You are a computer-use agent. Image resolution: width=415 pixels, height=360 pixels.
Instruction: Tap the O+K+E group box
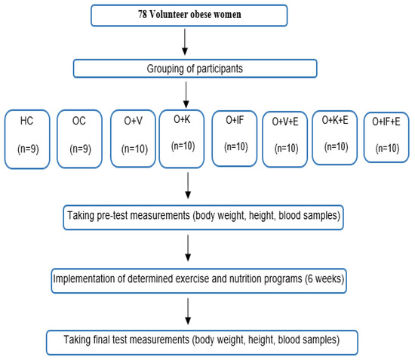(335, 137)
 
